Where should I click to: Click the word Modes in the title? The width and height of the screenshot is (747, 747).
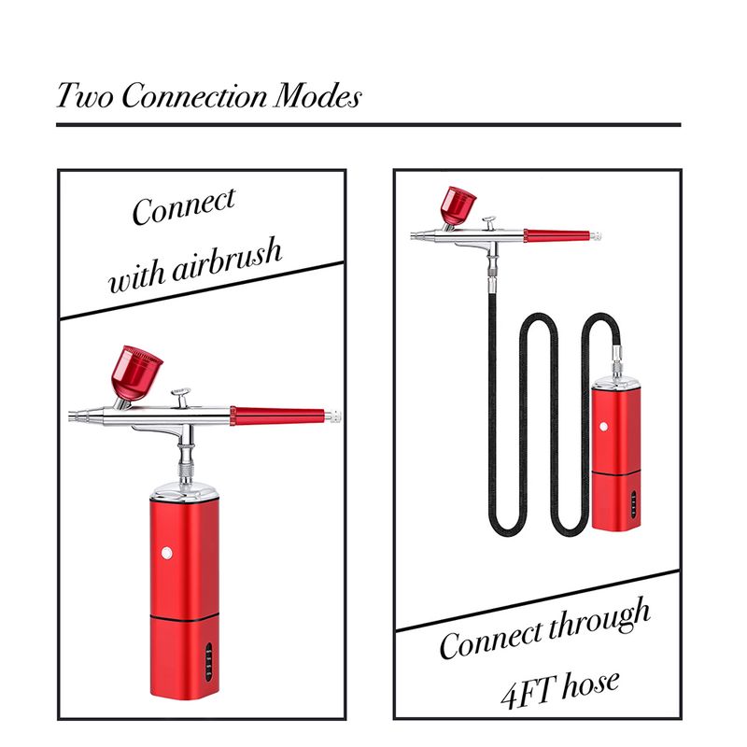click(x=317, y=96)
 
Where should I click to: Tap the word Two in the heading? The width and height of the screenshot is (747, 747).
click(x=85, y=96)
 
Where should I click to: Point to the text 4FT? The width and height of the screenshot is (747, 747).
click(x=529, y=691)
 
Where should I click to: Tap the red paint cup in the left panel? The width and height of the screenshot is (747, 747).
click(x=136, y=373)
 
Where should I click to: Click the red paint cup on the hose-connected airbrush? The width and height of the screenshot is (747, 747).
click(x=458, y=205)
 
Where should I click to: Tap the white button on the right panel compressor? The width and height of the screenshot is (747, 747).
click(x=603, y=427)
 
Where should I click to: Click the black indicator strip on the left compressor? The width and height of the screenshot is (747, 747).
click(x=208, y=662)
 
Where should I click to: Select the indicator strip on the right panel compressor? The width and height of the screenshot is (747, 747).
click(x=633, y=504)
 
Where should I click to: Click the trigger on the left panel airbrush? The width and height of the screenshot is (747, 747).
click(x=181, y=398)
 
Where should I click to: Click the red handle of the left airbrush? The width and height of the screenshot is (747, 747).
click(x=277, y=416)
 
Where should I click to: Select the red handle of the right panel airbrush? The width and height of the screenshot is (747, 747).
click(x=557, y=235)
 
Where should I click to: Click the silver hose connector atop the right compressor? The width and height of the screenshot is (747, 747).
click(x=617, y=363)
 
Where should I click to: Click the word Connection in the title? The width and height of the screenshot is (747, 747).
click(x=194, y=96)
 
